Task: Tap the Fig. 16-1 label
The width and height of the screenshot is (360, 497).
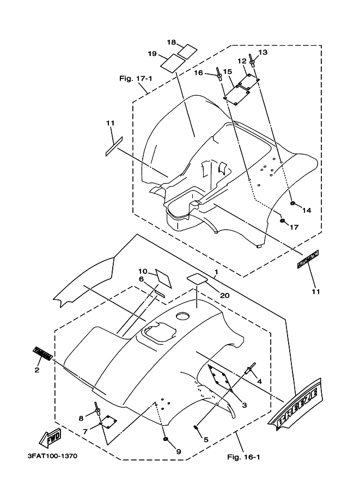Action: (243, 456)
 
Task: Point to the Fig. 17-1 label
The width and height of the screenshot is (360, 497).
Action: (135, 78)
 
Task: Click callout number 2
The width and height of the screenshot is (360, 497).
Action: (37, 370)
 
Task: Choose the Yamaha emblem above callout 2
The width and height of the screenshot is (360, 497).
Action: (43, 354)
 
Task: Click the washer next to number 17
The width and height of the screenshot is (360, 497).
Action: (282, 220)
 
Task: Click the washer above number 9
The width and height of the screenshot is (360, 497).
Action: (164, 439)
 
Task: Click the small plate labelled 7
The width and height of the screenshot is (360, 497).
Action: (111, 421)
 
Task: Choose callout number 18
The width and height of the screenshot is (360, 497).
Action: (171, 42)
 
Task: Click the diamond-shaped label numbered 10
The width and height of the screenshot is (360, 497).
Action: (163, 279)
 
